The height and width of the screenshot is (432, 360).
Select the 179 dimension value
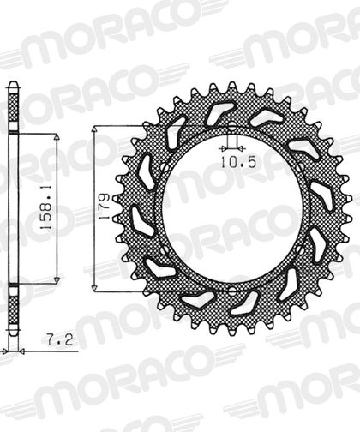click(x=105, y=206)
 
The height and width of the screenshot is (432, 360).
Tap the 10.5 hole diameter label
click(x=238, y=163)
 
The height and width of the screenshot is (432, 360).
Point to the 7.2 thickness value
click(x=60, y=339)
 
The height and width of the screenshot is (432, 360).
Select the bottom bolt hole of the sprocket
click(x=232, y=291)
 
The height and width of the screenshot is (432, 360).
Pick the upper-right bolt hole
click(x=300, y=166)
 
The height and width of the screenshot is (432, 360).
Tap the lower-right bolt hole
click(x=300, y=250)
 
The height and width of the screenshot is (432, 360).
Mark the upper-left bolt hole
click(x=165, y=167)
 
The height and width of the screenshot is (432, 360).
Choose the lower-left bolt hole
click(x=165, y=250)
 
